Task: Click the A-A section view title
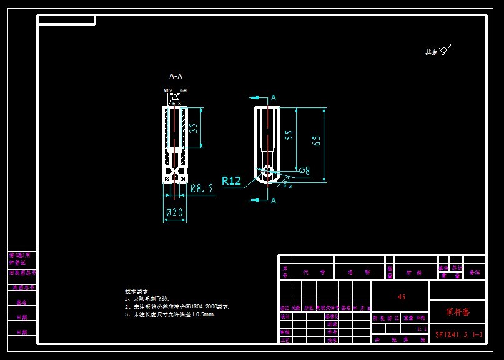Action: point(176,77)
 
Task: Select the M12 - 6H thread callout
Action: point(175,90)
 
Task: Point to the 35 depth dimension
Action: point(194,128)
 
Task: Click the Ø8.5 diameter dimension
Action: point(202,188)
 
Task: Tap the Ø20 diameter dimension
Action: point(174,213)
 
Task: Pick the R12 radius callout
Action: point(231,181)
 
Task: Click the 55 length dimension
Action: point(289,137)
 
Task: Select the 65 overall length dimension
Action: point(317,140)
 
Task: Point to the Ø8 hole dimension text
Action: point(305,170)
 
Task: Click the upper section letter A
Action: point(273,98)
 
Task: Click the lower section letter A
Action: point(273,200)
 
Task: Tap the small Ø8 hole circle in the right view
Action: point(267,170)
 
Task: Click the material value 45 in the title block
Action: point(402,298)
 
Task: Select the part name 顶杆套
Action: point(457,311)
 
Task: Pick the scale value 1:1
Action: point(422,328)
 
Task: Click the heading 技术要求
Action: point(136,291)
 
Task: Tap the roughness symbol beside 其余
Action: point(445,51)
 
